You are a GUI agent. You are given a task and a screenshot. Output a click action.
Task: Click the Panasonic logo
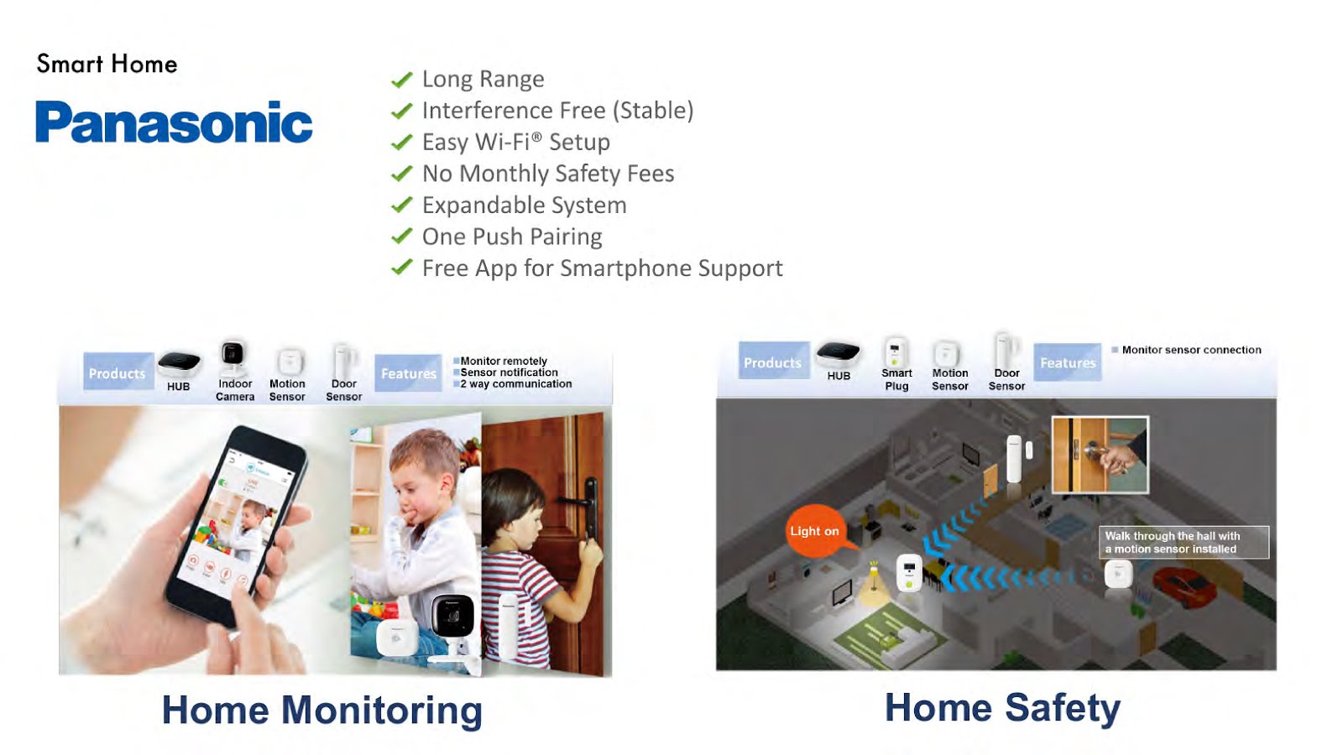coord(174,122)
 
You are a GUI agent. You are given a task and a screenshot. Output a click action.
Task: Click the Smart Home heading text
coord(107,64)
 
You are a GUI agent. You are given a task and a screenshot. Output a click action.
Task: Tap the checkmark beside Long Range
coord(402,80)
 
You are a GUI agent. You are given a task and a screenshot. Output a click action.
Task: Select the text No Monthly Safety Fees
coord(547,174)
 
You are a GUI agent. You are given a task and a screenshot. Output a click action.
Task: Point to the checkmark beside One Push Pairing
coord(402,237)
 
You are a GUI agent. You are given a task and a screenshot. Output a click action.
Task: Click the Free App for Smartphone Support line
coord(602,268)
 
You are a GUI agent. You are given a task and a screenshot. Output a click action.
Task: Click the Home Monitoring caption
coord(322,710)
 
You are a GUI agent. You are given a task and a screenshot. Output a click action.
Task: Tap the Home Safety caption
coord(1002,707)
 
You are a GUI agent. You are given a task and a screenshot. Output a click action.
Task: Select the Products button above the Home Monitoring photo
coord(118,373)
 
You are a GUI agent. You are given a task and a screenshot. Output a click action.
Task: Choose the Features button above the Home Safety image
coord(1068,362)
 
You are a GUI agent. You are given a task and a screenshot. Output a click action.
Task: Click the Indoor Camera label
coord(235,390)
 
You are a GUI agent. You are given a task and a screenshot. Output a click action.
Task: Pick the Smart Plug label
coord(896,379)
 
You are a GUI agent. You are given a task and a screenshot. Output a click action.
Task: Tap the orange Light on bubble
coord(814,531)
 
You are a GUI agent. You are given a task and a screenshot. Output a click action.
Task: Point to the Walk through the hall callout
coord(1183,542)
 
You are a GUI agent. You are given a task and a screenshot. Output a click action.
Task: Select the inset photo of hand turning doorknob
coord(1100,454)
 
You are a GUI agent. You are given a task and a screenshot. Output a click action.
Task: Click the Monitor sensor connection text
coord(1191,350)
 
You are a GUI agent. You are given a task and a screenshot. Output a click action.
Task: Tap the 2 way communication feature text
coord(515,384)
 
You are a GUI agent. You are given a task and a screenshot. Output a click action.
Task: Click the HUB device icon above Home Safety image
coord(838,352)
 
